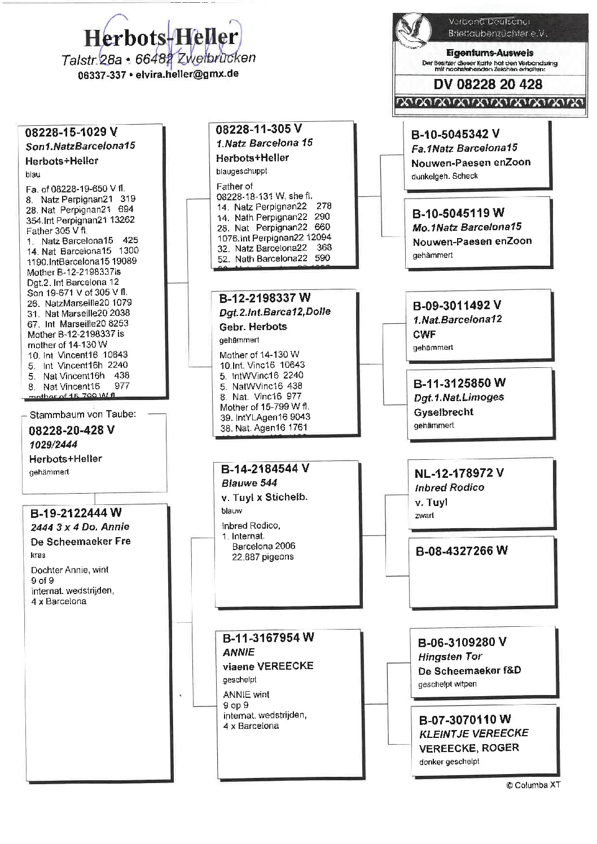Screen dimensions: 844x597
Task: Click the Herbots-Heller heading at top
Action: coord(161,38)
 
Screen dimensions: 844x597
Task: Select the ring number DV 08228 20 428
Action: coord(488,84)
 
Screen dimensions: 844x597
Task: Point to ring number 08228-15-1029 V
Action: coord(71,132)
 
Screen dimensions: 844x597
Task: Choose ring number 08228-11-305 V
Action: coord(258,129)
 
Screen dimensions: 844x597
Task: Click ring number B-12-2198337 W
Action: coord(265,297)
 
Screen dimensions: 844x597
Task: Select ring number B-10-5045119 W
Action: coord(458,213)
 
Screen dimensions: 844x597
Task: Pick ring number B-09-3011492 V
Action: coord(456,305)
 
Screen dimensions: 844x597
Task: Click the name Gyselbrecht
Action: coord(444,412)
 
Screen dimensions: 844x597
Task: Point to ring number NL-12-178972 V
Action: coord(459,473)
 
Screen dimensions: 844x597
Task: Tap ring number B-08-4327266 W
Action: coord(461,551)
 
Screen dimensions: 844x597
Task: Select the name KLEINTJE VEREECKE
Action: coord(473,733)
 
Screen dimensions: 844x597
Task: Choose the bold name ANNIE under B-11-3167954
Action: coord(238,652)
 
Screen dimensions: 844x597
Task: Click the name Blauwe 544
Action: coord(249,483)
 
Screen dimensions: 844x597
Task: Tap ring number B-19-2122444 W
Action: coord(76,513)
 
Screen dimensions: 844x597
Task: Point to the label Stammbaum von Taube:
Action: coord(82,414)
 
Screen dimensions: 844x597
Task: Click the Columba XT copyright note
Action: coord(533,785)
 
